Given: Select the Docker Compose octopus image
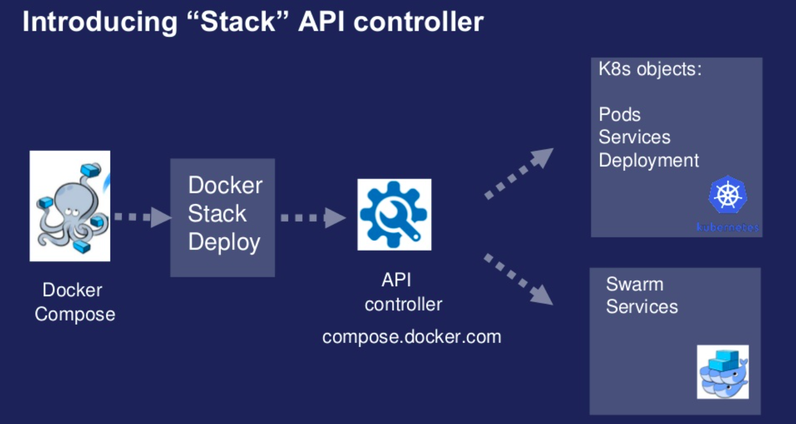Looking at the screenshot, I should (x=70, y=206).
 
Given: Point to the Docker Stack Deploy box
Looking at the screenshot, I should (x=222, y=217).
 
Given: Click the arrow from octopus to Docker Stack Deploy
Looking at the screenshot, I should (x=141, y=217).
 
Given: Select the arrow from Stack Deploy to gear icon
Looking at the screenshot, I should (x=312, y=218).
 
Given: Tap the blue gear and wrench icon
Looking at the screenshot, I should (x=394, y=215).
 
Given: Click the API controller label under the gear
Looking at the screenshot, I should (x=403, y=292).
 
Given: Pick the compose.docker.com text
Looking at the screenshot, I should (x=412, y=337).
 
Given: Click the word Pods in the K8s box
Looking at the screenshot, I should (x=619, y=114).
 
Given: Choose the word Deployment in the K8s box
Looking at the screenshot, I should (x=649, y=160).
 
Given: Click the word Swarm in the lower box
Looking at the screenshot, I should (x=635, y=284).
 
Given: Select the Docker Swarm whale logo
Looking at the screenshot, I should (x=723, y=372).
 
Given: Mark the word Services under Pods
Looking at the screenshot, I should (x=634, y=137).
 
